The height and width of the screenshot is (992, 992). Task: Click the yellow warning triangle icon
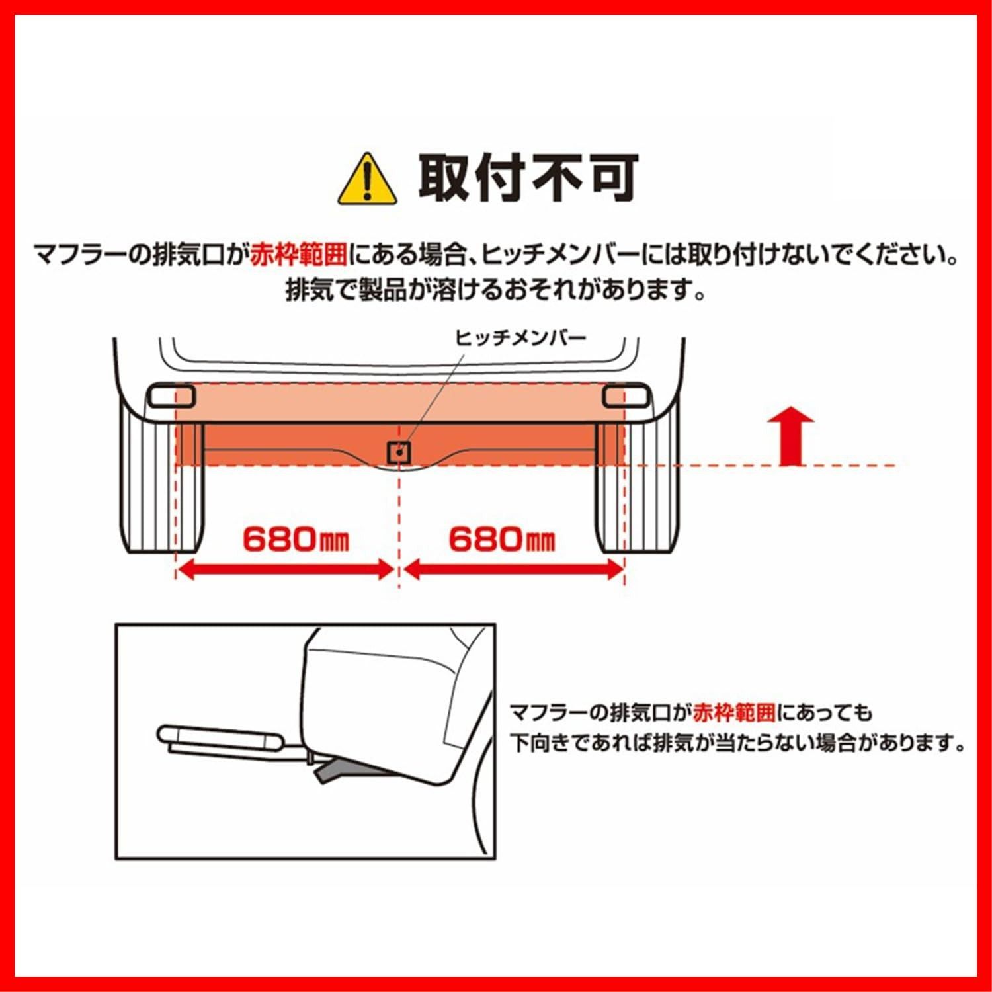coord(367,181)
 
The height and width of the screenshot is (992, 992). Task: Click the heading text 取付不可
coord(528,178)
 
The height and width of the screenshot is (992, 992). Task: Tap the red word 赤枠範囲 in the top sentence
coord(299,255)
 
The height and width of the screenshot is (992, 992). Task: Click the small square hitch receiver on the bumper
coord(399,452)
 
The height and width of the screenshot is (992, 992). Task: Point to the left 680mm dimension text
coord(295,540)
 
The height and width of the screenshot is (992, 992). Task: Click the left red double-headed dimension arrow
coord(286,569)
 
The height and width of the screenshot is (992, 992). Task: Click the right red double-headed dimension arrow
coord(514,569)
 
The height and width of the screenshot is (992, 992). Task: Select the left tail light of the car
coord(171,395)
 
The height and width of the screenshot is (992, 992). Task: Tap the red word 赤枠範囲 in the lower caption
coord(734,713)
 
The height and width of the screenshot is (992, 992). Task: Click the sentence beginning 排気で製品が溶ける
coord(496,290)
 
